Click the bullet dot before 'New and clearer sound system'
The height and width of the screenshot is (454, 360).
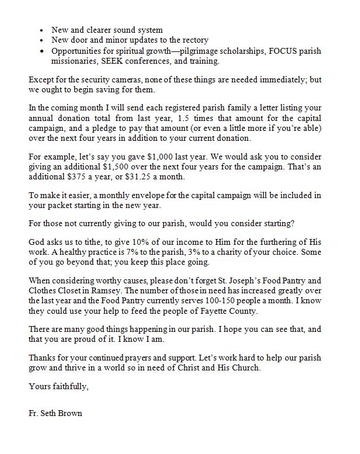point(40,29)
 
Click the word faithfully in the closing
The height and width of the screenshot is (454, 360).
point(69,386)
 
